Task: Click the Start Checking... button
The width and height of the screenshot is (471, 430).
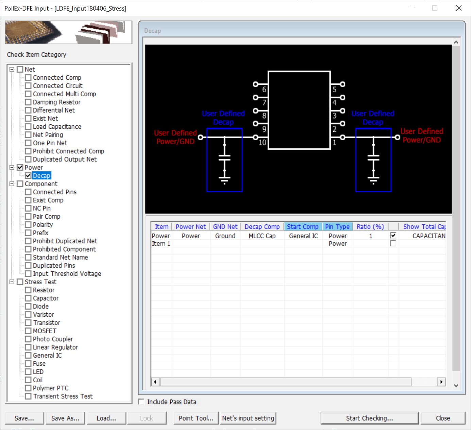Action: (x=369, y=418)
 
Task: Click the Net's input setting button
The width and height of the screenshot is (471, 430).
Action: (x=248, y=418)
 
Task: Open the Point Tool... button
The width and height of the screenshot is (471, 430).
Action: (x=196, y=418)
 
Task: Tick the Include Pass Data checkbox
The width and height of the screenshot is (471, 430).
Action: (x=141, y=402)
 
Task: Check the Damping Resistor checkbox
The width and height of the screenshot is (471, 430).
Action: (x=28, y=102)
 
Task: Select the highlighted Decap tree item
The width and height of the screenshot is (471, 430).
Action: (x=41, y=176)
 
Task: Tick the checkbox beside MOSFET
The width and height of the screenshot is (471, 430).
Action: (x=28, y=331)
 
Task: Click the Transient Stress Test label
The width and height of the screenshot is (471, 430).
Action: (x=63, y=396)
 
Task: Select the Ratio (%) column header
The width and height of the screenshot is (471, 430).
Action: (x=370, y=227)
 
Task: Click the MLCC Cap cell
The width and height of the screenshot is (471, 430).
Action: (x=262, y=236)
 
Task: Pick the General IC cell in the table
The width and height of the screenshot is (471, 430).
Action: (x=303, y=236)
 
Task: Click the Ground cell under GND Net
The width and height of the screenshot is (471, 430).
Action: (x=225, y=236)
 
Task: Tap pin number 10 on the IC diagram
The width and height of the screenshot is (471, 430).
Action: (x=262, y=142)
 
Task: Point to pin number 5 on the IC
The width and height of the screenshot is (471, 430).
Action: (x=334, y=90)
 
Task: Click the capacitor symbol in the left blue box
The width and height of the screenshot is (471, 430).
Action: (x=224, y=158)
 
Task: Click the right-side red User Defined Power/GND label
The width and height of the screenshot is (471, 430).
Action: (x=422, y=136)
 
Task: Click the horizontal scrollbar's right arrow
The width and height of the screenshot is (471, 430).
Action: (x=441, y=382)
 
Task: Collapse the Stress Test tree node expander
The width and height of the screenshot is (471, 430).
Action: (x=12, y=282)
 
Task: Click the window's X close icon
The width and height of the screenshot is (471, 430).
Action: (x=459, y=8)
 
